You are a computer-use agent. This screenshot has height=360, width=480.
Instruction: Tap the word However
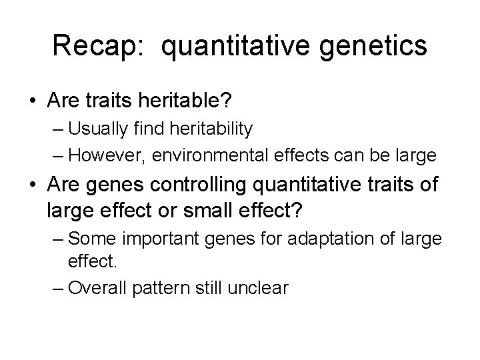coord(107,155)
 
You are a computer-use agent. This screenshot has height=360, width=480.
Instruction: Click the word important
coord(148,237)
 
